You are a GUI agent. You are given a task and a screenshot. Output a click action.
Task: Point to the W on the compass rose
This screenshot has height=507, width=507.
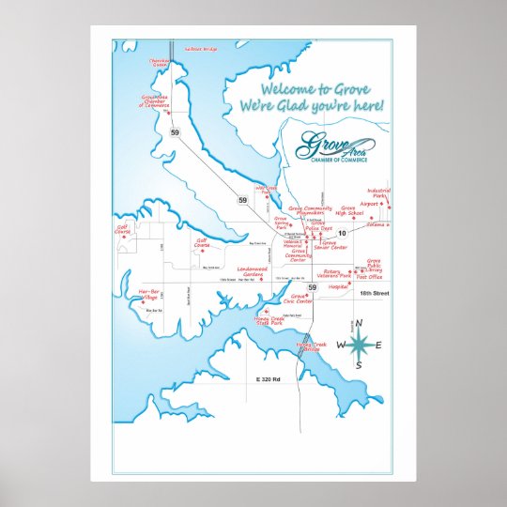pos(341,346)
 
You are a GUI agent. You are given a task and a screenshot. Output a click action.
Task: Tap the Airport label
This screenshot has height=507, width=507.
pos(369,203)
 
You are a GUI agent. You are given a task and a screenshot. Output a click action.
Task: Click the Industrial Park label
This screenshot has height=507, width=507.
pos(378,192)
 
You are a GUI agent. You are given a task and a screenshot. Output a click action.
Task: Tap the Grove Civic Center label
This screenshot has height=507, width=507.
pos(297,300)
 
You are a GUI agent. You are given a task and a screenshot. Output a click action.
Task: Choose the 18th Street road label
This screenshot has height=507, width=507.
pos(372,295)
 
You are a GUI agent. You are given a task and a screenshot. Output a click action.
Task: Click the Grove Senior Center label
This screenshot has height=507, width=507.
pos(330,245)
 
